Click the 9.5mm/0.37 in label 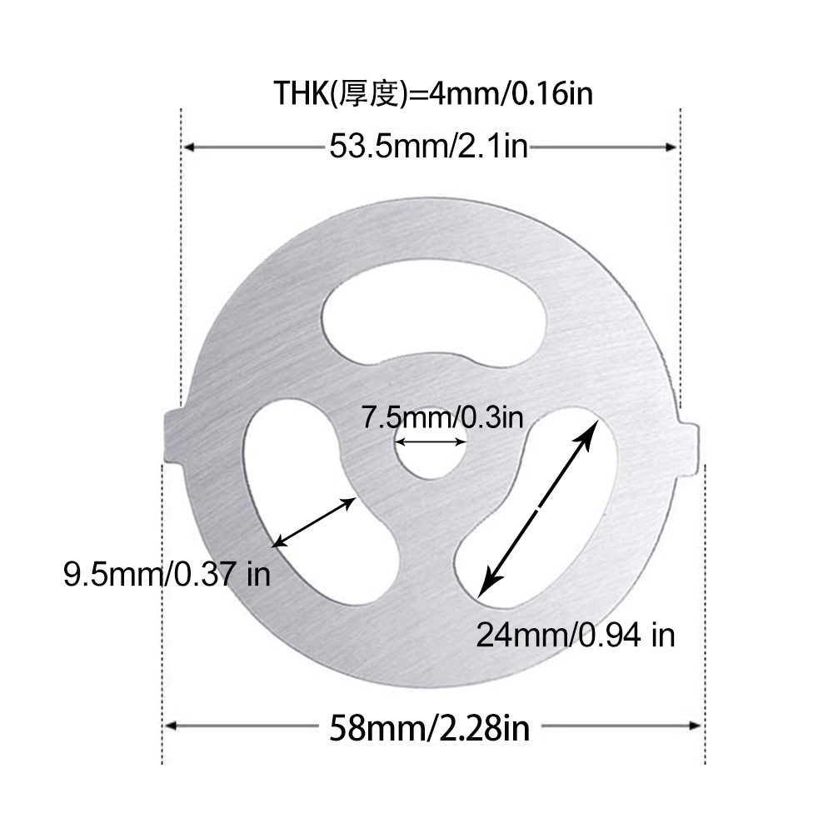(x=167, y=574)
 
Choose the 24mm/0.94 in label (x=575, y=635)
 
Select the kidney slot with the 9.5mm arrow (x=300, y=508)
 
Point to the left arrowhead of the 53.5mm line (x=190, y=147)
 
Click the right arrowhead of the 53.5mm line (x=673, y=147)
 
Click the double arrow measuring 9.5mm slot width (x=316, y=521)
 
